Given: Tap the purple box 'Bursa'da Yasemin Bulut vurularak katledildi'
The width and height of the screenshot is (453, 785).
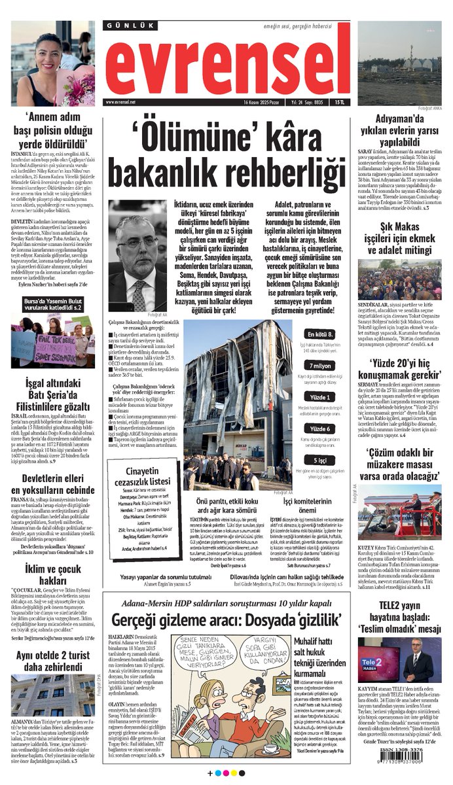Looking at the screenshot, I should pos(52,304).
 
